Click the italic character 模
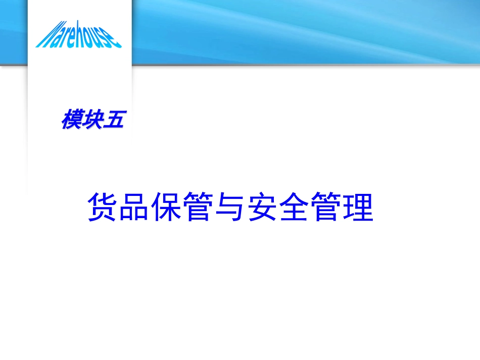(x=71, y=120)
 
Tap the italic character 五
(x=112, y=120)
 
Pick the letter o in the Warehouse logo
(x=91, y=38)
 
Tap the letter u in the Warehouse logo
(x=100, y=39)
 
